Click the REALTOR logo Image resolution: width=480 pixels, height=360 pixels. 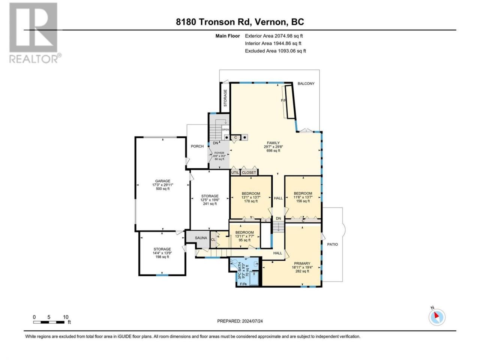34,33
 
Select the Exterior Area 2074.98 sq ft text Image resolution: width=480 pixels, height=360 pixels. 274,36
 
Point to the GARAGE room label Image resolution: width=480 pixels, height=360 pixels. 162,181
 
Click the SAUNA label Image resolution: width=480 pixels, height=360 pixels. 201,238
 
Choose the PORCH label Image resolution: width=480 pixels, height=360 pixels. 197,146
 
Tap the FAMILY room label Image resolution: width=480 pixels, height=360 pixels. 273,143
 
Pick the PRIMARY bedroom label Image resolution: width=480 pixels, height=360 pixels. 302,263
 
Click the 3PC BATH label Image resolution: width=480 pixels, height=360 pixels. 240,271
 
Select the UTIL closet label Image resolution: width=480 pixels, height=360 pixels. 235,172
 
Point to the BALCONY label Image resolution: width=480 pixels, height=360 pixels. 306,84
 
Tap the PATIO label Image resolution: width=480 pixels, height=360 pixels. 332,244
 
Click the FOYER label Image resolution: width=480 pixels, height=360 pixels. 219,153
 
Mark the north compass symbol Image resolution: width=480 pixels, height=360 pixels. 437,317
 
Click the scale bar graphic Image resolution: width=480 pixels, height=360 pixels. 49,322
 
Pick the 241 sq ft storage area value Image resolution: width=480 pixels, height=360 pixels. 210,204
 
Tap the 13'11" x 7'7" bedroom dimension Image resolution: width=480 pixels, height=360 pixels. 244,236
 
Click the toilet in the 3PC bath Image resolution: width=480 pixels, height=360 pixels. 234,262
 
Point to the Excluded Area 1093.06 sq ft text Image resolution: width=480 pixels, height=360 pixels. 275,51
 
